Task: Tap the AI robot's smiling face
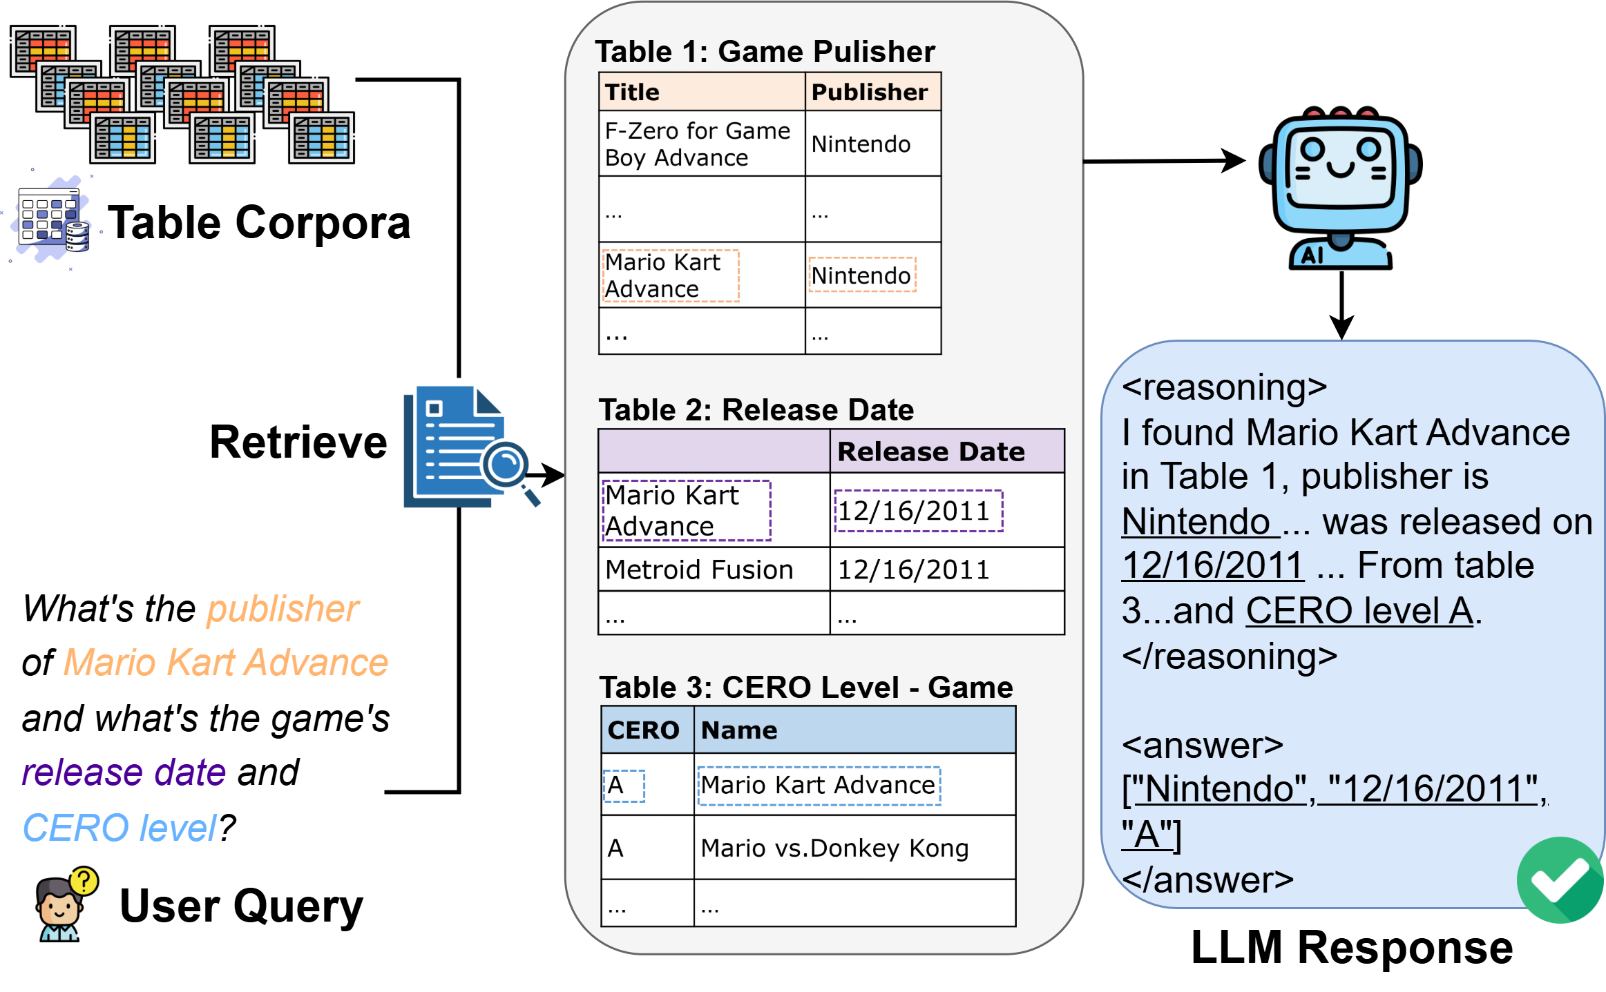(1339, 166)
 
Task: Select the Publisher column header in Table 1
(869, 92)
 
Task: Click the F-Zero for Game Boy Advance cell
(698, 144)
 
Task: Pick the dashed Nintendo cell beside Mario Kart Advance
(861, 275)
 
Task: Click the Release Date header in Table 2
(930, 451)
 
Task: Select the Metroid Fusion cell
(699, 570)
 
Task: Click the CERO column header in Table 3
(643, 730)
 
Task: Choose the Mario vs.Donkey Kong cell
(834, 848)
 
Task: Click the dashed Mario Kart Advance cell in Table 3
(818, 785)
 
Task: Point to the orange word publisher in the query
(283, 609)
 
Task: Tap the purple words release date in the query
(124, 772)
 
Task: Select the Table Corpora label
(259, 222)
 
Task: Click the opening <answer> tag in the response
(1202, 746)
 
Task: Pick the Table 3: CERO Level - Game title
(805, 687)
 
